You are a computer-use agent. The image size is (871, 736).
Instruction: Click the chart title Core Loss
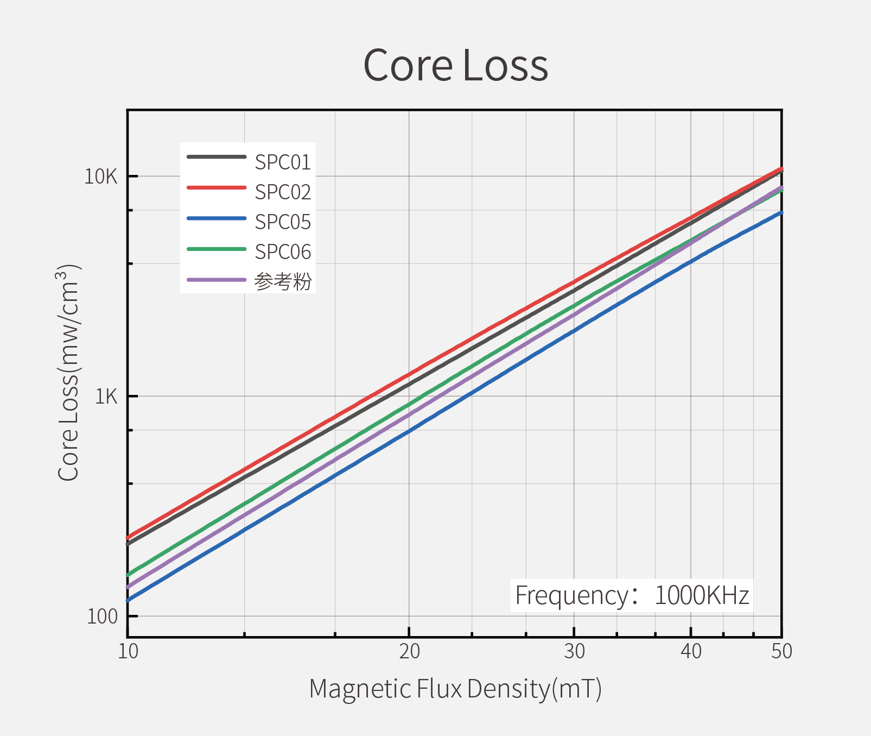click(x=455, y=66)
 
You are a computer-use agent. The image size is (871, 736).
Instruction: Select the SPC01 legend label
click(x=283, y=162)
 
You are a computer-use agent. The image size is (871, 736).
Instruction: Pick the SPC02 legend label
click(x=283, y=192)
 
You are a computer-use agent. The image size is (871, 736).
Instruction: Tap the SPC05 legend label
click(x=283, y=222)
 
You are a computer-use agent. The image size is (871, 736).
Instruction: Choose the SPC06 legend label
click(x=283, y=252)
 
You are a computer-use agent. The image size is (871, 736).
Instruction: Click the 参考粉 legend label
click(x=283, y=282)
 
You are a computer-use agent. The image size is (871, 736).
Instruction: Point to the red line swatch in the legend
click(x=217, y=187)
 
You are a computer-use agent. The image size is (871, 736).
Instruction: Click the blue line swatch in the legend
click(x=217, y=218)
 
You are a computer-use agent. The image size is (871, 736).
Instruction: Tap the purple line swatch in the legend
click(x=217, y=280)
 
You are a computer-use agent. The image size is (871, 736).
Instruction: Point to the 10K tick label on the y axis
click(x=101, y=177)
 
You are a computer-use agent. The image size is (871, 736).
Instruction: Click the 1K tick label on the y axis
click(x=106, y=397)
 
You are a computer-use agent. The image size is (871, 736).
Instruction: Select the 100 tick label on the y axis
click(x=102, y=617)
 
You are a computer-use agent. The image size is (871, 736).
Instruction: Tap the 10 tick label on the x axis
click(x=128, y=651)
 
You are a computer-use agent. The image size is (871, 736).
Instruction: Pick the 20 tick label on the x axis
click(x=409, y=651)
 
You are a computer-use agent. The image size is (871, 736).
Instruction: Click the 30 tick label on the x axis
click(x=574, y=651)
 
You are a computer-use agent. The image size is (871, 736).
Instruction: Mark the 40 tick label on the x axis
click(x=691, y=651)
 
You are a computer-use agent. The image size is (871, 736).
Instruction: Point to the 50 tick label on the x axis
click(x=781, y=651)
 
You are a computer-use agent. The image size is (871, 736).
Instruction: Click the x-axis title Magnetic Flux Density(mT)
click(x=455, y=689)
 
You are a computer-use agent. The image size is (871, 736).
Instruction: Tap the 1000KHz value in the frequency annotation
click(x=702, y=595)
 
